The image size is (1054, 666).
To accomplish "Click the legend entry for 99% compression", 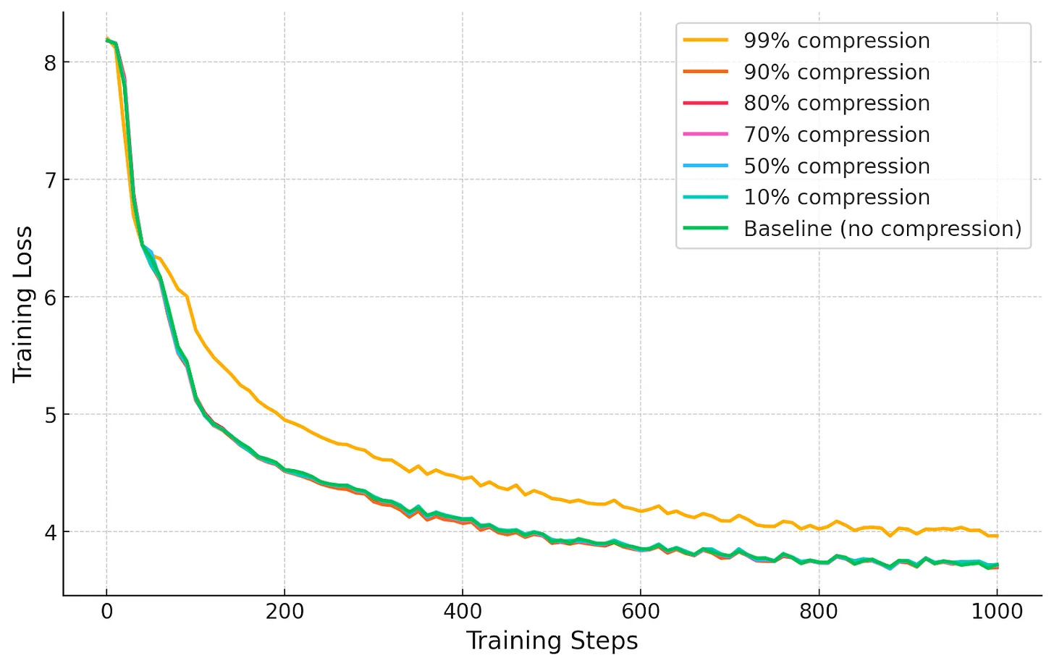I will (836, 41).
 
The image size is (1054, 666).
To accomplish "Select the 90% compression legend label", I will (836, 72).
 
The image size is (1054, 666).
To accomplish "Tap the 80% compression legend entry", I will (836, 104).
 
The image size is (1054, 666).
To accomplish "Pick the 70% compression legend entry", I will (836, 135).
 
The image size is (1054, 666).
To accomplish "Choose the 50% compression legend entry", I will (836, 166).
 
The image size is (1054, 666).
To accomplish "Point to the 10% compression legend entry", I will (836, 197).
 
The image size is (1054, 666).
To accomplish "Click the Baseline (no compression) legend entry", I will (882, 229).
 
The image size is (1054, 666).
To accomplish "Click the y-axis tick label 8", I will (49, 63).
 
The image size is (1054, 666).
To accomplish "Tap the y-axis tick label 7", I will (49, 180).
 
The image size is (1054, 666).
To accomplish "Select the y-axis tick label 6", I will (49, 298).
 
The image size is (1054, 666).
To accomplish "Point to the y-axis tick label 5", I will (49, 415).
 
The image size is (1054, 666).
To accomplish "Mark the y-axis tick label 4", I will (49, 532).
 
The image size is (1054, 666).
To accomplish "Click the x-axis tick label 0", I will (107, 612).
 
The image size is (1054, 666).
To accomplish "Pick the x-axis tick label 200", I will (284, 612).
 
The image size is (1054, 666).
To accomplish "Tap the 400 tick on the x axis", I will (463, 612).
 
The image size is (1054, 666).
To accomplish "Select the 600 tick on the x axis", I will (641, 612).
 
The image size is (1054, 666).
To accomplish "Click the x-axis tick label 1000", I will (997, 612).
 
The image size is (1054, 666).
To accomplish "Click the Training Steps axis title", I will (552, 641).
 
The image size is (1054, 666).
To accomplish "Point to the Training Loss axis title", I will (23, 304).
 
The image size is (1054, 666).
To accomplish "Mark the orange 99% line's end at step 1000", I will (997, 536).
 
